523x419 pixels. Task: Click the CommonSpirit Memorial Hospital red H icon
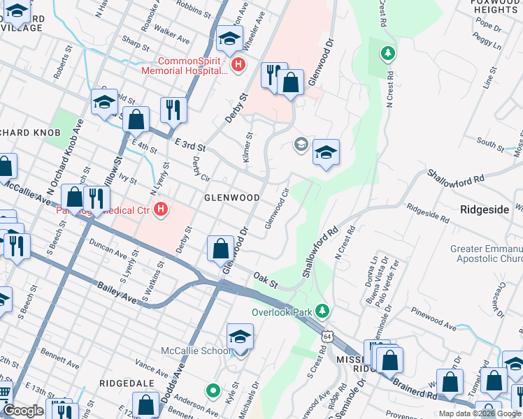point(238,65)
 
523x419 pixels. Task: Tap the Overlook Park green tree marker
point(322,310)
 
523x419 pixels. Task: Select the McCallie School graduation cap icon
point(239,337)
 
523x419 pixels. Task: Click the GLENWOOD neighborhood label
point(231,198)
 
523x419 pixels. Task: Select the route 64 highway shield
point(327,337)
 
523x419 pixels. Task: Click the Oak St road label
point(266,280)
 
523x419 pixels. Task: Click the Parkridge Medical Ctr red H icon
point(161,209)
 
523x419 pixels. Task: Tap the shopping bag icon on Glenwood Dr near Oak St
point(221,248)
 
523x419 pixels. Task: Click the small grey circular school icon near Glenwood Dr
point(301,145)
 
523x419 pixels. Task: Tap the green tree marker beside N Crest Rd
point(387,54)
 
